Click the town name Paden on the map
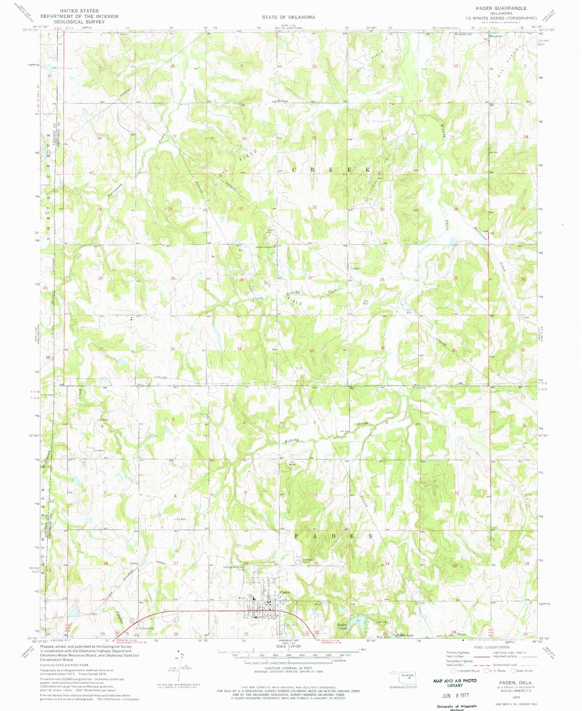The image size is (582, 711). (285, 592)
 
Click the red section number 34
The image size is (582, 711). (312, 350)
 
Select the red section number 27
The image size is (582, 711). (311, 278)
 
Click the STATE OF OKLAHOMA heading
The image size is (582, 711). (288, 17)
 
